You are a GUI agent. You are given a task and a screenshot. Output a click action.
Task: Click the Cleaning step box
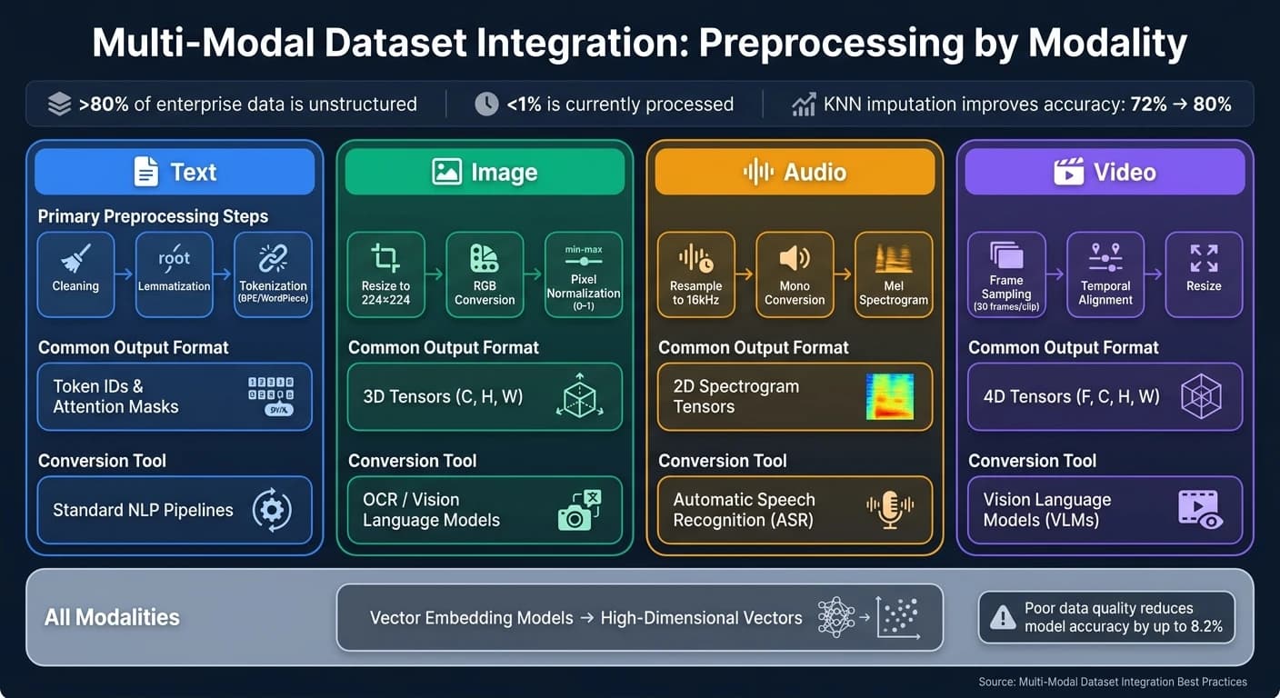pos(75,274)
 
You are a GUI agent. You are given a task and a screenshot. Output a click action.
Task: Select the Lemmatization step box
pos(174,274)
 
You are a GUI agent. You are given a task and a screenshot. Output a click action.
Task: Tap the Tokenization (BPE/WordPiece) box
pos(273,274)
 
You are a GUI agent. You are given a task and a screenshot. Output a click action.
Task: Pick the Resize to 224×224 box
pos(385,274)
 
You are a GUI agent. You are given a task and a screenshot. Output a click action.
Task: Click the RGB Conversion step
pos(485,274)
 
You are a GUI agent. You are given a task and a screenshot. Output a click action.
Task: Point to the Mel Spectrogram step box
pos(894,274)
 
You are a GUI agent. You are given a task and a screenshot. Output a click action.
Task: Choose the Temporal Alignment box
pos(1105,274)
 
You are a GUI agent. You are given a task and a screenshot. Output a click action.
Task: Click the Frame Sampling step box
pos(1006,274)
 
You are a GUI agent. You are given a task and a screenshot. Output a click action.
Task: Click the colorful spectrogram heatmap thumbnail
pos(890,396)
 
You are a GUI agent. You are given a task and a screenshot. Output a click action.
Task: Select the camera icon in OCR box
pos(579,510)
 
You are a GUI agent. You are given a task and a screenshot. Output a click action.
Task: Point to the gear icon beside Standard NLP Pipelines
pos(272,510)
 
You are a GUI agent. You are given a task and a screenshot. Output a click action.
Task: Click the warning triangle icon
pos(1003,617)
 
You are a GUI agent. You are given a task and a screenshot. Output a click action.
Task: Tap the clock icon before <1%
pos(486,104)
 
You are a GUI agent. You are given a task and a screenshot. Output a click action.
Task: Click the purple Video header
pos(1105,172)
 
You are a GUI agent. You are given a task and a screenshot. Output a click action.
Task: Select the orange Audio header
pos(795,172)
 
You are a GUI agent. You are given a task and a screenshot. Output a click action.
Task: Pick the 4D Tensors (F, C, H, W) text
pos(1072,396)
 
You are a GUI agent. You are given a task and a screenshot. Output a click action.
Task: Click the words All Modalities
pos(112,617)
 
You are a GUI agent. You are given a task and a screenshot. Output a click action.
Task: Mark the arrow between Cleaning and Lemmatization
pos(125,274)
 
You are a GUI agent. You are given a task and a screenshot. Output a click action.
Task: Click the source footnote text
pos(1113,682)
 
